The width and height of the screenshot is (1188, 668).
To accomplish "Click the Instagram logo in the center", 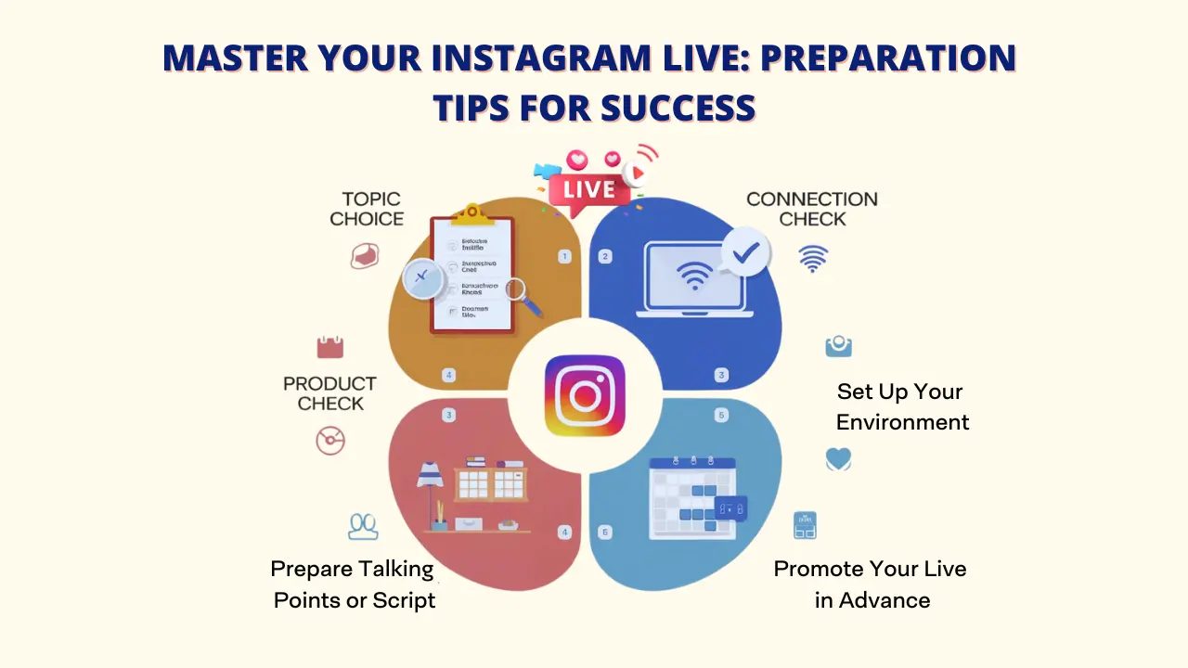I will [585, 396].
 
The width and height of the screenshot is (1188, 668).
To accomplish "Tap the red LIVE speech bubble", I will [589, 191].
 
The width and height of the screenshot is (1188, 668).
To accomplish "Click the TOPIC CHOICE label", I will [367, 209].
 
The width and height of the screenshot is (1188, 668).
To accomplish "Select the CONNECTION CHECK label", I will [811, 209].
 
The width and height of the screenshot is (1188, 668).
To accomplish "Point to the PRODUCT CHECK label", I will [329, 393].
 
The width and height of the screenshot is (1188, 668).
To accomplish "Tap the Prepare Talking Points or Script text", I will [354, 584].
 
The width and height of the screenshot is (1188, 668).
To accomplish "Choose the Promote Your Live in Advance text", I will [871, 584].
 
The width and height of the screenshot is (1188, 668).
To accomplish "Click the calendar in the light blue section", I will [692, 497].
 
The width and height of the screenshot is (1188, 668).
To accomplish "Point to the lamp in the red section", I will [430, 492].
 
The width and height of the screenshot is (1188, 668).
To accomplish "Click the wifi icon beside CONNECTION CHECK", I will [813, 258].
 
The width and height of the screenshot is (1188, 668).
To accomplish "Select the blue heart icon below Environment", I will [838, 459].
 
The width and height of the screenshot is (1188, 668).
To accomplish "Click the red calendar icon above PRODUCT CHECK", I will [329, 348].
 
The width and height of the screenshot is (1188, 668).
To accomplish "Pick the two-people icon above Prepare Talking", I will [363, 526].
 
